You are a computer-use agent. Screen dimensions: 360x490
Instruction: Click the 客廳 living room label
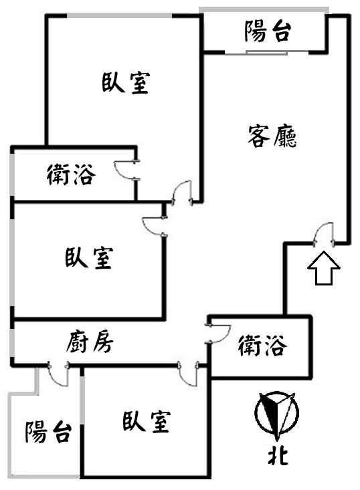coord(272,136)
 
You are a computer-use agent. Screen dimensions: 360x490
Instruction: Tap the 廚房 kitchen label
coord(90,342)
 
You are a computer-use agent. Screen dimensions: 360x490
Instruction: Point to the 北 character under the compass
coord(278,457)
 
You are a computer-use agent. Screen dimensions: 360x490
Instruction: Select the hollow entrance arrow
coord(324,268)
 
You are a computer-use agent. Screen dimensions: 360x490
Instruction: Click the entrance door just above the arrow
coord(324,235)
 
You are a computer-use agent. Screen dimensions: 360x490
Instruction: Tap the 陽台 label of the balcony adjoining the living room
coord(268,31)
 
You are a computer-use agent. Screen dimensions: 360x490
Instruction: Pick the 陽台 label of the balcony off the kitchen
coord(48,433)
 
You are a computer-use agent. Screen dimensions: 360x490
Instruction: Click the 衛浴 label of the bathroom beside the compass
coord(262,346)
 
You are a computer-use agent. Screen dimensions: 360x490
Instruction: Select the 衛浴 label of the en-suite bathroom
coord(72,175)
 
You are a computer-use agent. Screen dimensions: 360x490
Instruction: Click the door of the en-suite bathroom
coord(126,170)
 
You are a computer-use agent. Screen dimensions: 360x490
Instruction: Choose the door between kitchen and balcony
coord(58,374)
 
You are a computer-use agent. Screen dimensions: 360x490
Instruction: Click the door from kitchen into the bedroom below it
coord(188,374)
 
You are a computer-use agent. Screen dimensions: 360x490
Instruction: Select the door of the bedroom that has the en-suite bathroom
coord(182,193)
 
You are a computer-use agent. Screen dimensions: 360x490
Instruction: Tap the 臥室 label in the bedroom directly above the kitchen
coord(89,258)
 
